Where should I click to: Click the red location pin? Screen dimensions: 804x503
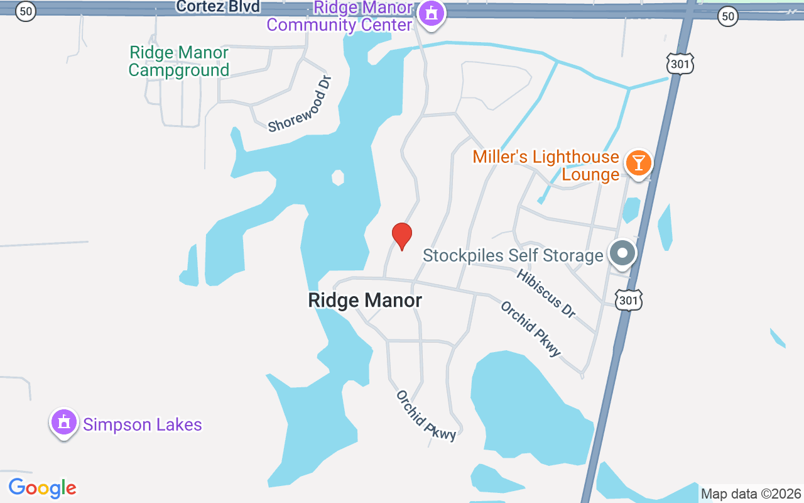coord(402,236)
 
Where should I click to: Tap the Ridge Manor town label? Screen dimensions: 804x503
coord(365,301)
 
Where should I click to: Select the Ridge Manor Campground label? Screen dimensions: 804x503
coord(179,61)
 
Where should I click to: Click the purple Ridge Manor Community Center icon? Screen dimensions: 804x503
coord(432,13)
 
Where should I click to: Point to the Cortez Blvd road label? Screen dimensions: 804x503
coord(217,7)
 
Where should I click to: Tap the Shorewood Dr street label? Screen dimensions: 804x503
coord(300,104)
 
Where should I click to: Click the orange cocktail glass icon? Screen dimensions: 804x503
coord(638,163)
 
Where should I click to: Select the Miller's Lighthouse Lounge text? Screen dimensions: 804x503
coord(546,165)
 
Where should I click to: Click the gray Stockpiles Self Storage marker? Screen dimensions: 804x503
coord(622,253)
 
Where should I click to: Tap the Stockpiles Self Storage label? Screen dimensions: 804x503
coord(513,256)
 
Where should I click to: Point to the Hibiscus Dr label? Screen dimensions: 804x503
coord(546,293)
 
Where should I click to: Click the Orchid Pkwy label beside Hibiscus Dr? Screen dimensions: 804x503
coord(530,329)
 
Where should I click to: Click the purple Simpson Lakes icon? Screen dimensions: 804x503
coord(63,423)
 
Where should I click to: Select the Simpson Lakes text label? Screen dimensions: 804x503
coord(143,425)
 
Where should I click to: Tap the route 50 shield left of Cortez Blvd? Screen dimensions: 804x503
coord(25,11)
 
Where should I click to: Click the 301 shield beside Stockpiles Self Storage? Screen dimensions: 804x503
coord(628,301)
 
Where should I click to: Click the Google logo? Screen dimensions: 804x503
coord(42,488)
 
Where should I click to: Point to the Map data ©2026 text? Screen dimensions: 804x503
coord(751,494)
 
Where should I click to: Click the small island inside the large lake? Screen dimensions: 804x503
coord(338,177)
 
